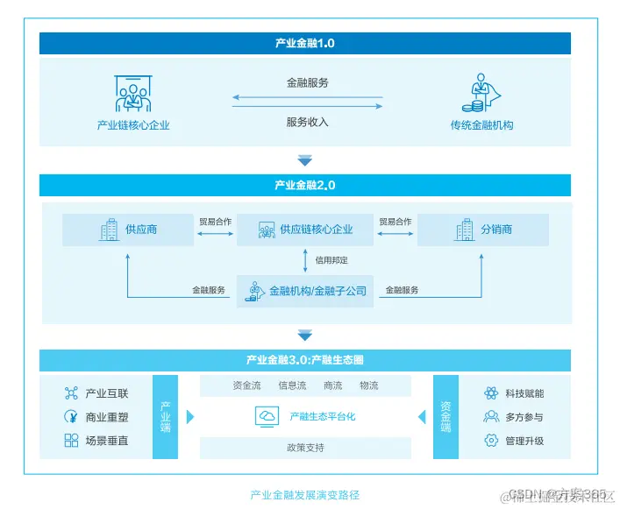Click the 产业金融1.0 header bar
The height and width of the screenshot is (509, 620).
click(304, 43)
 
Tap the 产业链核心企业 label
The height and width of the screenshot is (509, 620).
click(133, 125)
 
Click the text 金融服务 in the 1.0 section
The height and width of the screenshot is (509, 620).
click(307, 83)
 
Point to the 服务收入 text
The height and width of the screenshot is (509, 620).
click(307, 122)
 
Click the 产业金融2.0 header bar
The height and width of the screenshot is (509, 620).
click(304, 185)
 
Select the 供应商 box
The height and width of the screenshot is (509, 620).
click(128, 230)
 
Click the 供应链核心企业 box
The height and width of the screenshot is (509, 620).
click(305, 230)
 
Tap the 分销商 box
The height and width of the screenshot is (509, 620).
click(483, 230)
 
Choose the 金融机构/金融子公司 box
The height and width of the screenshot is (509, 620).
click(305, 290)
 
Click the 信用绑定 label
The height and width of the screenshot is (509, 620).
click(332, 260)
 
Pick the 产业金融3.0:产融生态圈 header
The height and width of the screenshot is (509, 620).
click(304, 360)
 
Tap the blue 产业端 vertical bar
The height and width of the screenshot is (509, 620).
click(165, 417)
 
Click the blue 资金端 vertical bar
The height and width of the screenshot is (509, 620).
click(445, 417)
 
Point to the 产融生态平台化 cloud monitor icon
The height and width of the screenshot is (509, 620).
click(267, 417)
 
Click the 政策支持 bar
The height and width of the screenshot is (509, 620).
click(305, 448)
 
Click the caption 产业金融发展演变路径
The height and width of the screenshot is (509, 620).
click(305, 495)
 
